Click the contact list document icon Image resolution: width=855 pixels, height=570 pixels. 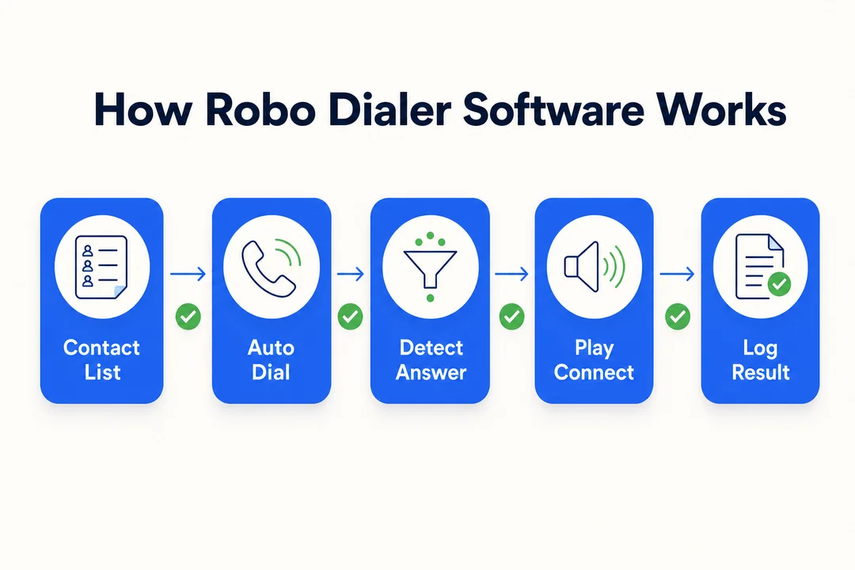[101, 268]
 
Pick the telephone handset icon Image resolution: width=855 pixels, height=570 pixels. [268, 269]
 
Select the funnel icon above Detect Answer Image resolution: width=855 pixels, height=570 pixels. [430, 268]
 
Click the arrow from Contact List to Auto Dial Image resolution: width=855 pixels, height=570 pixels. [188, 273]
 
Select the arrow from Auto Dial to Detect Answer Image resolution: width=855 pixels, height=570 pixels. [350, 273]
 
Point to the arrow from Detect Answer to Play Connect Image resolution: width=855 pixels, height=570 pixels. [511, 273]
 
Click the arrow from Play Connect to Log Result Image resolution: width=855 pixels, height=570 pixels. [677, 273]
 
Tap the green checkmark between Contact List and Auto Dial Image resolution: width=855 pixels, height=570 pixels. [188, 317]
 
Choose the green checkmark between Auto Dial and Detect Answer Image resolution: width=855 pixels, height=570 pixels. [350, 317]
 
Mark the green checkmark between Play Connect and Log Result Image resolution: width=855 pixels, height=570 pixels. [678, 317]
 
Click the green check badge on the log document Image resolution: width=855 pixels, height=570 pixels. [779, 283]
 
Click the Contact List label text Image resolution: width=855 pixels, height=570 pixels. [102, 360]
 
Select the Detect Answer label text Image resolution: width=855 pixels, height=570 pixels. [431, 360]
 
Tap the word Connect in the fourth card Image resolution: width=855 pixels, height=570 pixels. [594, 373]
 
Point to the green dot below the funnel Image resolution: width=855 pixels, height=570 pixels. [430, 298]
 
